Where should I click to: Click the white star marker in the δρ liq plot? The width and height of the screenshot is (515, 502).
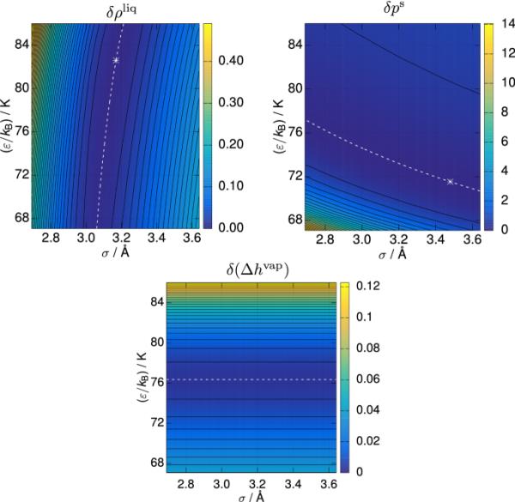click(117, 60)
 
